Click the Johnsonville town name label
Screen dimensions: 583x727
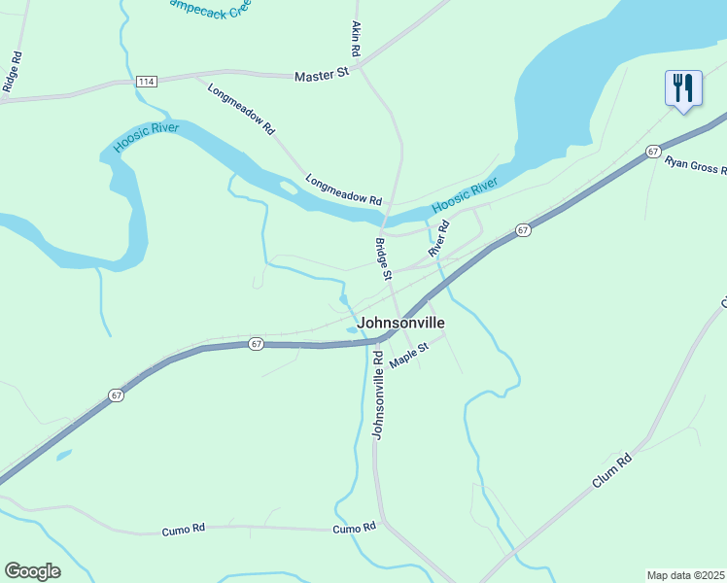coord(400,323)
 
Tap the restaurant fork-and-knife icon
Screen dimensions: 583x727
coord(683,88)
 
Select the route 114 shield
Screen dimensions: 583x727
coord(147,81)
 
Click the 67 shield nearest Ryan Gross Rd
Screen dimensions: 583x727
coord(653,152)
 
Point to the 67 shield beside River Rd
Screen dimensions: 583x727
coord(523,230)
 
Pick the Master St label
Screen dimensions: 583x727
coord(321,74)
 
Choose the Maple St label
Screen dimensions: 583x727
coord(409,355)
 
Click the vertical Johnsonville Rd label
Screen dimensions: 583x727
coord(378,394)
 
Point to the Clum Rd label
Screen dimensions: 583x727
coord(611,471)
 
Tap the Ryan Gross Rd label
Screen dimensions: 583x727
coord(695,164)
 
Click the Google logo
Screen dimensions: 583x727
coord(32,571)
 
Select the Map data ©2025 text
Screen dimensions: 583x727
coord(685,575)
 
